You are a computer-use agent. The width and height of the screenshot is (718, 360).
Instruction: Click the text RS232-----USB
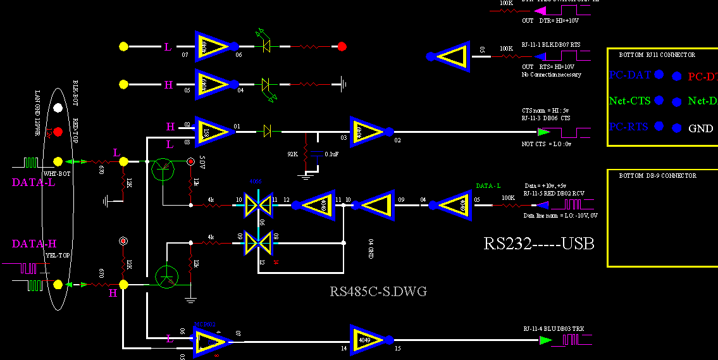click(x=539, y=244)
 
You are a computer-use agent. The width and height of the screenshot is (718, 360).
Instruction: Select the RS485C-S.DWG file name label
click(x=378, y=291)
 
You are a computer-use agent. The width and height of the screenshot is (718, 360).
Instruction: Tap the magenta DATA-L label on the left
click(x=34, y=182)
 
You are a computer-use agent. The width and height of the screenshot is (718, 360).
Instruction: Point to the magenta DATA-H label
click(x=34, y=244)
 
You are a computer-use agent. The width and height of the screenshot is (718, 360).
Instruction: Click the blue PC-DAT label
click(x=630, y=75)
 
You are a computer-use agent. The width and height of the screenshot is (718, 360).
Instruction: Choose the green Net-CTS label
click(x=630, y=101)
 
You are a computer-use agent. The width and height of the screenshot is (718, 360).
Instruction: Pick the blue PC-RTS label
click(x=629, y=127)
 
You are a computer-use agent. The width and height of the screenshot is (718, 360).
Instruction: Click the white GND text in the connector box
click(x=700, y=128)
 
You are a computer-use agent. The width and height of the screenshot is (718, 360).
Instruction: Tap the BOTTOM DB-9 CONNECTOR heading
click(x=657, y=176)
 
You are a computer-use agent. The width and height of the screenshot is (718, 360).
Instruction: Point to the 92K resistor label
click(x=292, y=153)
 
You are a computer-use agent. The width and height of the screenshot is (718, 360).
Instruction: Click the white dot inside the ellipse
click(x=58, y=108)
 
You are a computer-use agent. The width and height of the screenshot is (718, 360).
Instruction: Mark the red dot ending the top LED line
click(x=342, y=46)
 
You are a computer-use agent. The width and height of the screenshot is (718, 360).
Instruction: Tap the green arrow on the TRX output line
click(x=545, y=340)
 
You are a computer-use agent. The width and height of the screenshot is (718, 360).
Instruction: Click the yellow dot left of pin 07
click(x=123, y=46)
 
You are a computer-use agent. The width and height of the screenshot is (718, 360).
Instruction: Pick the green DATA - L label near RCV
click(x=488, y=185)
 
